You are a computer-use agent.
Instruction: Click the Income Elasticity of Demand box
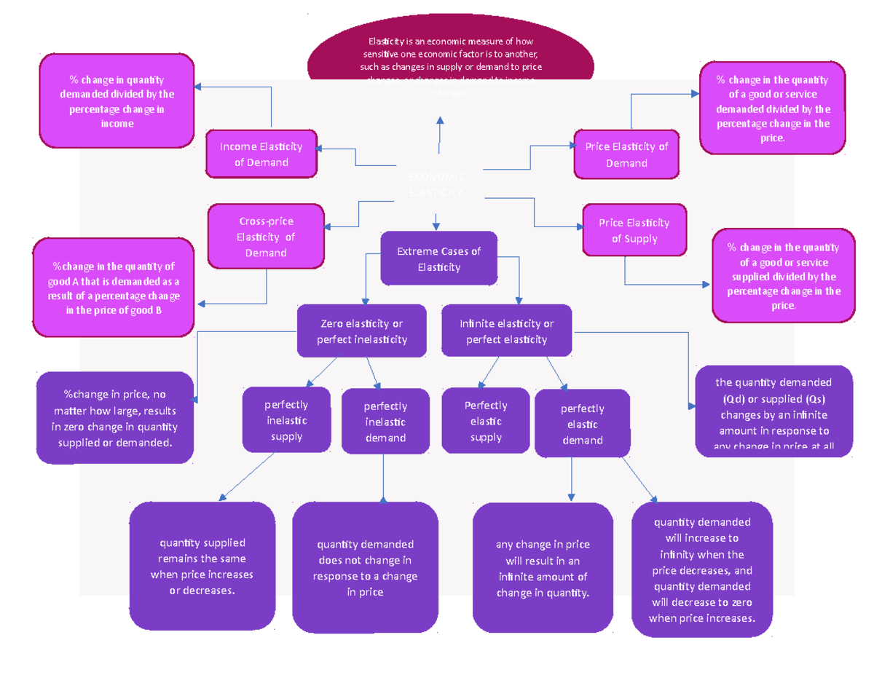(261, 154)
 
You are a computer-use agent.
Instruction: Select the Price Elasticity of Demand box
(626, 154)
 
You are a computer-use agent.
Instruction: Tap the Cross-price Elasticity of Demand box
(265, 237)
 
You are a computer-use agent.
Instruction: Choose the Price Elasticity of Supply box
(634, 231)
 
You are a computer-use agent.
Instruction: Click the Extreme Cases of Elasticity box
(438, 259)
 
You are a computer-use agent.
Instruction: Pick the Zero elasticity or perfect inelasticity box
(362, 331)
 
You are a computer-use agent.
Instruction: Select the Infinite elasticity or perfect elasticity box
(506, 331)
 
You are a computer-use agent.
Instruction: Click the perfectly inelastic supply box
(286, 420)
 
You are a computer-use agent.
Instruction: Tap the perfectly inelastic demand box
(385, 422)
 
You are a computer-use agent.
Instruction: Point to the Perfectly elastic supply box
(486, 421)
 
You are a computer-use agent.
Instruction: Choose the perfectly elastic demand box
(582, 424)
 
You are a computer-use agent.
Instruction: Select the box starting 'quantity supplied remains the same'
(202, 567)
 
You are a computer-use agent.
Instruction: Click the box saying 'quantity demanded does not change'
(365, 568)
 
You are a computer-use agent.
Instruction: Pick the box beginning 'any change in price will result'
(543, 569)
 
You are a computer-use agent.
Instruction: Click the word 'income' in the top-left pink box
(117, 124)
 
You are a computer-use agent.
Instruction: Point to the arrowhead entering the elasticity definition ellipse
(440, 118)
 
